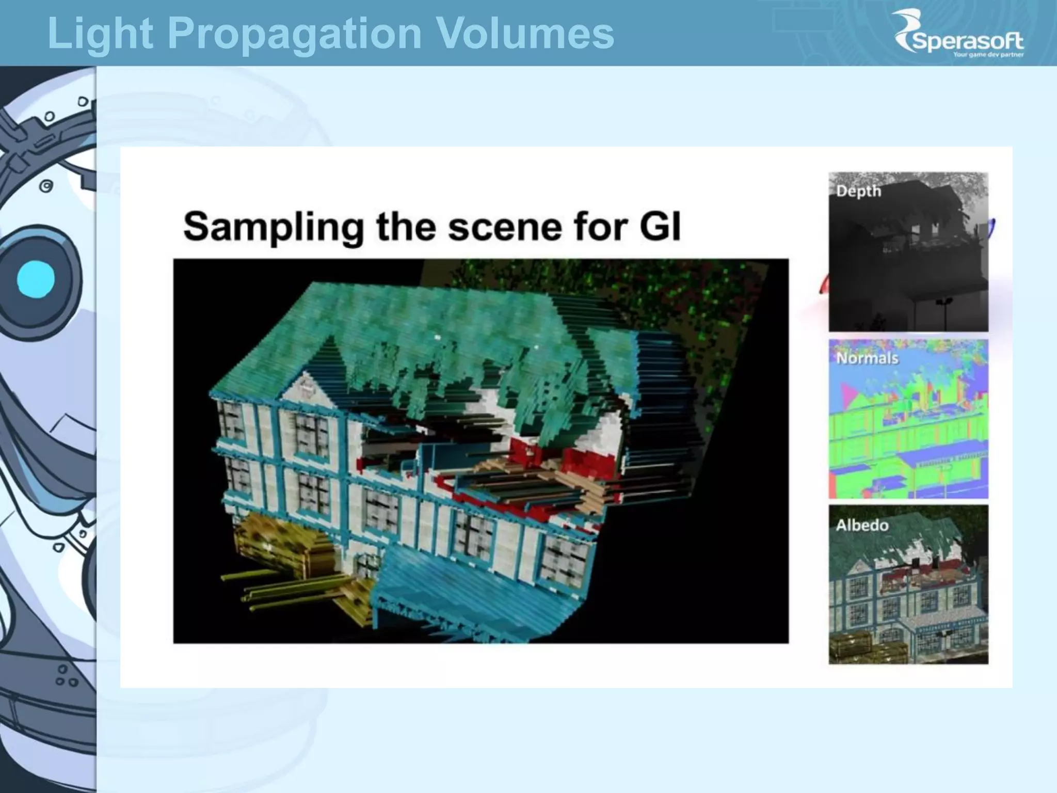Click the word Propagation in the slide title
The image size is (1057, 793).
pyautogui.click(x=294, y=34)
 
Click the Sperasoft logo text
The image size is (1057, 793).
pyautogui.click(x=968, y=40)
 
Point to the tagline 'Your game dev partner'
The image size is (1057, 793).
pyautogui.click(x=988, y=55)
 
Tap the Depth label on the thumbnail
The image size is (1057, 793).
pyautogui.click(x=858, y=191)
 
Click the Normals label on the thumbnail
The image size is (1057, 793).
pyautogui.click(x=867, y=358)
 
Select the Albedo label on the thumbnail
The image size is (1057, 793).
pyautogui.click(x=862, y=526)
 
